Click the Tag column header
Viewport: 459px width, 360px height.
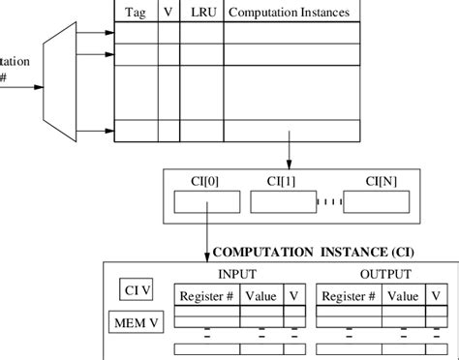pos(136,13)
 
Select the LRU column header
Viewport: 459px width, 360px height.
pos(200,13)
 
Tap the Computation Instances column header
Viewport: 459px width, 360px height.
pos(289,13)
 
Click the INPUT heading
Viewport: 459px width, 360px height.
pos(238,274)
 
